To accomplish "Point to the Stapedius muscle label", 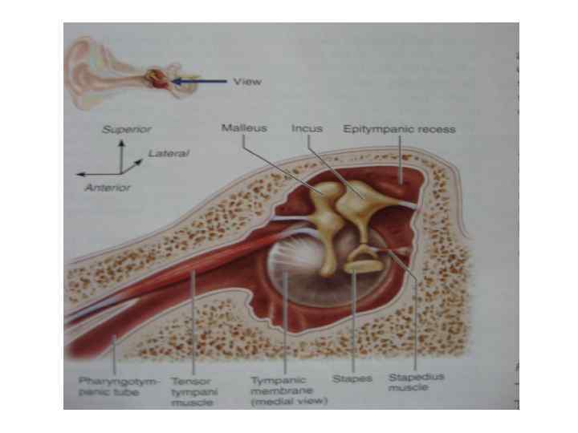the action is point(417,381).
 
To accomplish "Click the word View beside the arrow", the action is point(247,82).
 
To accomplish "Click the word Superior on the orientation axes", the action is point(126,128).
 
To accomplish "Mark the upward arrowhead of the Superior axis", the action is point(121,144).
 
